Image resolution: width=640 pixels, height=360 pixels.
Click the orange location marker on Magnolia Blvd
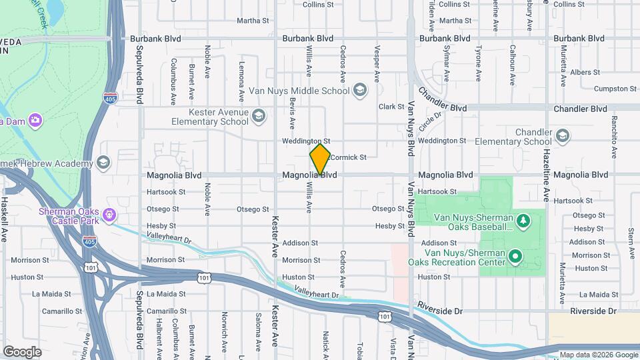click(320, 159)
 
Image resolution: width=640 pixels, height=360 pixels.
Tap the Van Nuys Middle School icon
click(360, 90)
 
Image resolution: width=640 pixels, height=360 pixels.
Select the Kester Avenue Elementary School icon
click(259, 117)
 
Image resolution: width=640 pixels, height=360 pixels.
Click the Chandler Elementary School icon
click(563, 136)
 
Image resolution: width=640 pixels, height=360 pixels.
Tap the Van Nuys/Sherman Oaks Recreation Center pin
click(515, 256)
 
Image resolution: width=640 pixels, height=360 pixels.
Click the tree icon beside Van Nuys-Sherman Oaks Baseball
click(524, 219)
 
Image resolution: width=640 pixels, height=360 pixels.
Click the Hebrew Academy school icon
click(103, 163)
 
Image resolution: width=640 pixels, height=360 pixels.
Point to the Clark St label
click(391, 107)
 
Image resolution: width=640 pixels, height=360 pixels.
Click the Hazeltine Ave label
click(545, 179)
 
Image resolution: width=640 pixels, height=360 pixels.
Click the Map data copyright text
click(597, 355)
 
